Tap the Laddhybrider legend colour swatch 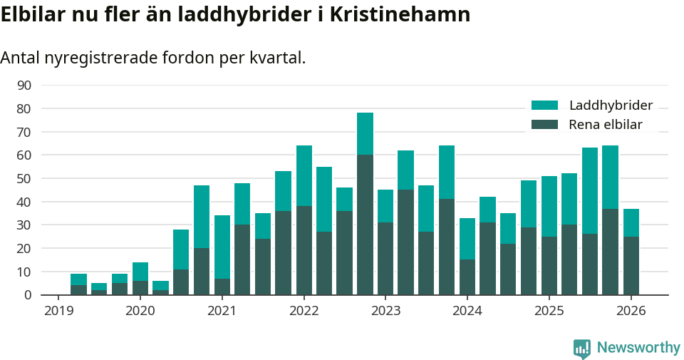[545, 106]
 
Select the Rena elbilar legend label [606, 125]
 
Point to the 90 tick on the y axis [24, 86]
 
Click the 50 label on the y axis [24, 178]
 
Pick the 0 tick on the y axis [27, 294]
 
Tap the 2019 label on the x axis [58, 311]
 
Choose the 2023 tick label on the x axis [386, 311]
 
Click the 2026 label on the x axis [631, 311]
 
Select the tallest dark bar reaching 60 [365, 225]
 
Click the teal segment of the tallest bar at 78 [365, 134]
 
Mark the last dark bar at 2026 [631, 265]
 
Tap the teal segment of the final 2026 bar [631, 222]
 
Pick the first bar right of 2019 [78, 285]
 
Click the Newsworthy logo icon [582, 349]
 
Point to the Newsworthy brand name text [638, 348]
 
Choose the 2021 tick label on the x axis [222, 311]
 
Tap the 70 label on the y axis [24, 132]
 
